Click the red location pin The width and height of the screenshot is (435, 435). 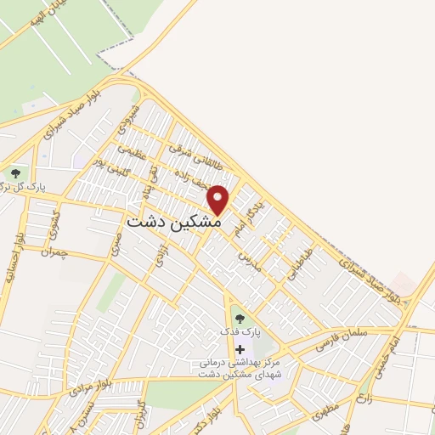tap(218, 201)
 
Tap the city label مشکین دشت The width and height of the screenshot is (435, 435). tap(173, 221)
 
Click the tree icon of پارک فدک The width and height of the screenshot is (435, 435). tap(240, 319)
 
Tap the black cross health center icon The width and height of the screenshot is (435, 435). tap(240, 349)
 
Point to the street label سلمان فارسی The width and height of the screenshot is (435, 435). tap(342, 340)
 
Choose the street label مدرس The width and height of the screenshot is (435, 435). tap(247, 253)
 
